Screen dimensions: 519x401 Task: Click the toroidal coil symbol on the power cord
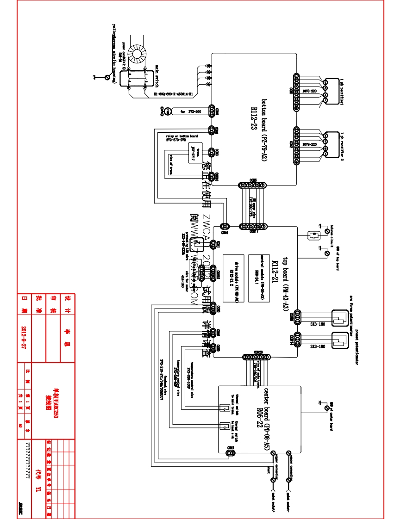pyautogui.click(x=138, y=54)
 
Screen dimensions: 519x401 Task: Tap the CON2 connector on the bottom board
pyautogui.click(x=296, y=146)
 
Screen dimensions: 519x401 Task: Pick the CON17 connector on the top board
pyautogui.click(x=252, y=227)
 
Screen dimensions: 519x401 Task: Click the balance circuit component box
pyautogui.click(x=314, y=235)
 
